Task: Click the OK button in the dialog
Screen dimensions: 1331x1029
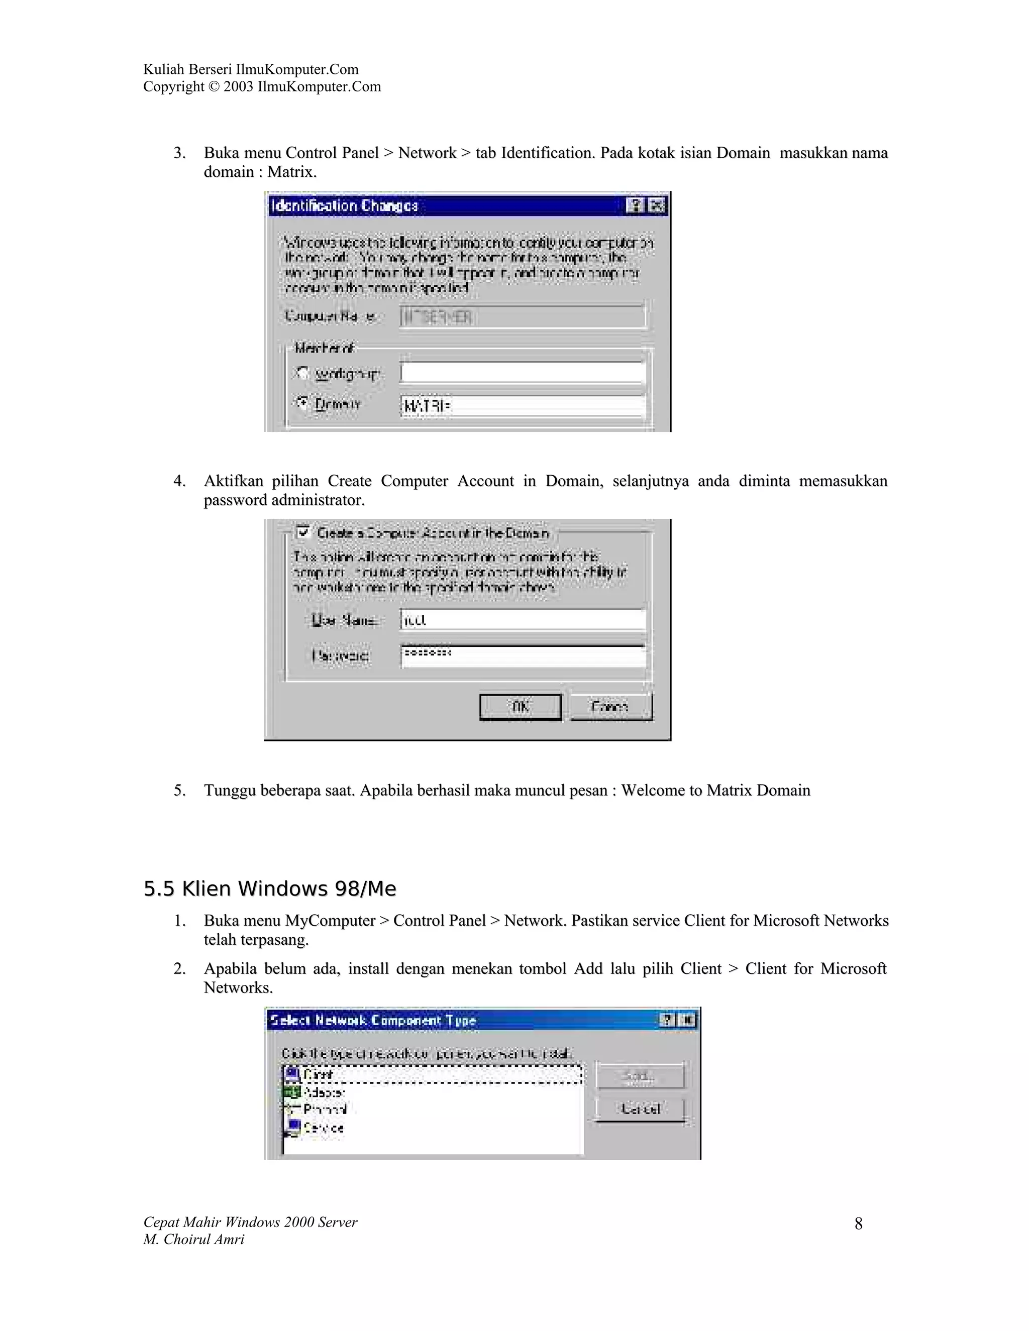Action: [520, 707]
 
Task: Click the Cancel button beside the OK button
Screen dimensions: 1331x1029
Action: [611, 707]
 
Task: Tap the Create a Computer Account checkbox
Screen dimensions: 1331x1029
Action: [303, 532]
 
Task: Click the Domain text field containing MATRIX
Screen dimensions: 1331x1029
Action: [522, 406]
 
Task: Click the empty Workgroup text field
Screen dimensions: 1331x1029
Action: [522, 372]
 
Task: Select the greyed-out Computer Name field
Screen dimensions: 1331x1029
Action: [522, 317]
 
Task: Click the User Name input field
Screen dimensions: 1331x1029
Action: [522, 620]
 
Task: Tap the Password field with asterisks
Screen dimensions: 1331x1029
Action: [522, 655]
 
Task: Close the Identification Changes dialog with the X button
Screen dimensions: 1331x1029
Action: [657, 205]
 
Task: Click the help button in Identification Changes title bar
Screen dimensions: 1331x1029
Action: [635, 205]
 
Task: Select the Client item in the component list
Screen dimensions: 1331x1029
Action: [318, 1074]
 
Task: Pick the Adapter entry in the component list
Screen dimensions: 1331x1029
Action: [323, 1092]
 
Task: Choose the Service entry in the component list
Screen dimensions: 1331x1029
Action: [323, 1128]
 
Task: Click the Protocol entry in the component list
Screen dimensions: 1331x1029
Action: [324, 1109]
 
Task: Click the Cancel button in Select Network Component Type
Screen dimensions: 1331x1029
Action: [640, 1108]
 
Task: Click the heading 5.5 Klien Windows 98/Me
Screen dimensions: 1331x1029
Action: [269, 889]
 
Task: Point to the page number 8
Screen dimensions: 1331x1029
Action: [858, 1224]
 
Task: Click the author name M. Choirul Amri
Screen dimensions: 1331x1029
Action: [194, 1239]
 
